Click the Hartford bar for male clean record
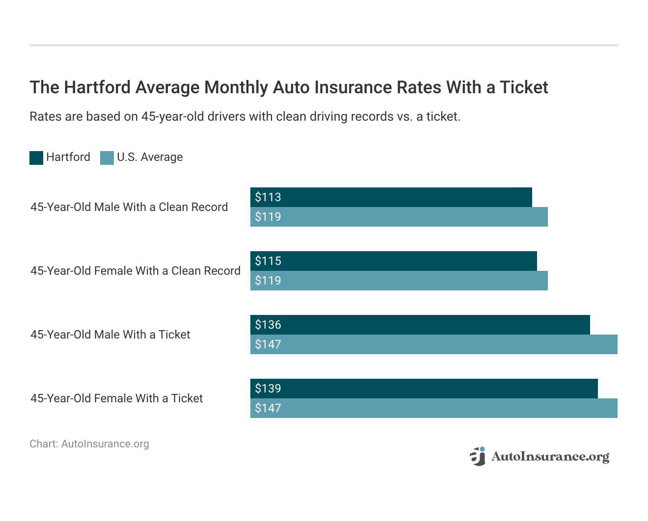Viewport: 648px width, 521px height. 391,197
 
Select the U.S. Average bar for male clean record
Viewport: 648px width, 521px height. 399,217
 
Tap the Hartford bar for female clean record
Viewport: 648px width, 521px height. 393,261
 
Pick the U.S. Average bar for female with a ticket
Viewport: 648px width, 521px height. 433,408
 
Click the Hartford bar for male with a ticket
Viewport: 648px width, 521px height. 420,325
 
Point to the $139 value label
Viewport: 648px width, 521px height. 268,389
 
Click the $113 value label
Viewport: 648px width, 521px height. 268,197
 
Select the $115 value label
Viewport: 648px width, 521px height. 268,261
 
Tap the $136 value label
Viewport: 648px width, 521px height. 268,325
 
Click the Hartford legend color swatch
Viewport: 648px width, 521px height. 36,157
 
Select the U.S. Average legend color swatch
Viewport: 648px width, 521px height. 107,157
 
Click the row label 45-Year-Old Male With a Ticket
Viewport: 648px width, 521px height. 110,335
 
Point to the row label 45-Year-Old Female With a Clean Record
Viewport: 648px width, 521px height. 135,271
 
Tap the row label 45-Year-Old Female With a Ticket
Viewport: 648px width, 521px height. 117,398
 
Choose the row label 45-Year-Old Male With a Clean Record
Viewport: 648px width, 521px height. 129,207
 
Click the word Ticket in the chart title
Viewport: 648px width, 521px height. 523,87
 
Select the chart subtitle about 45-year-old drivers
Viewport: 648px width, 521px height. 245,117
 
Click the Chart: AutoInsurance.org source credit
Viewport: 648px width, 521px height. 89,444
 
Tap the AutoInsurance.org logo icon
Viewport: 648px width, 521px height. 477,456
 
